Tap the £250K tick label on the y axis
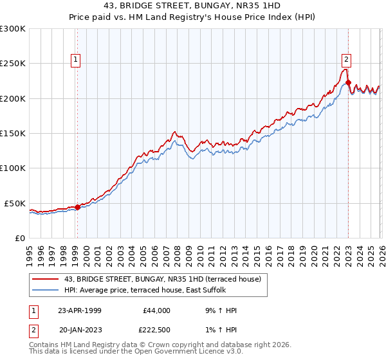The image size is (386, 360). point(13,64)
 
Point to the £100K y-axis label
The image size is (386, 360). point(13,168)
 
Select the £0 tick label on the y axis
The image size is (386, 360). point(19,238)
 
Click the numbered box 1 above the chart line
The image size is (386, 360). point(76,60)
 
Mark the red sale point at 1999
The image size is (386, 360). point(77,207)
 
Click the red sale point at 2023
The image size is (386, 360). point(347,83)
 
